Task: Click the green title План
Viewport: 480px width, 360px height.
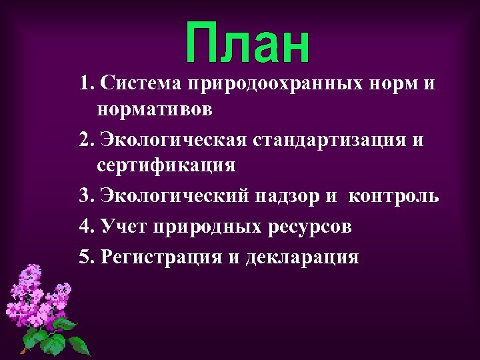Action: coord(247,44)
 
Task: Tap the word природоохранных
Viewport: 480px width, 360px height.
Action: coord(275,85)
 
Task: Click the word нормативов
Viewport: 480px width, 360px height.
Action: coord(155,109)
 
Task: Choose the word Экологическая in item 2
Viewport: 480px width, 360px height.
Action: coord(174,141)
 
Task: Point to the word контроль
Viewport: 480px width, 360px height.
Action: coord(393,197)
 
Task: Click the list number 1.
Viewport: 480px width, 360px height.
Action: coord(84,85)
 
